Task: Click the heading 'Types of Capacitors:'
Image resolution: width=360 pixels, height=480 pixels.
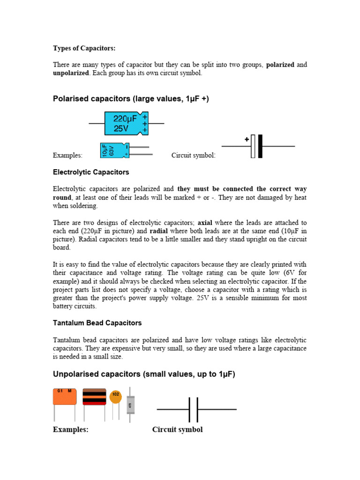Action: [x=84, y=48]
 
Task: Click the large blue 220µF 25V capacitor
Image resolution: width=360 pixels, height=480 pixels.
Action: [x=127, y=123]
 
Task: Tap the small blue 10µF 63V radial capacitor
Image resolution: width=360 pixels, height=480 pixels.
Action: [x=114, y=150]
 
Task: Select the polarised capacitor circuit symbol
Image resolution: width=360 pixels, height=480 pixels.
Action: [x=257, y=146]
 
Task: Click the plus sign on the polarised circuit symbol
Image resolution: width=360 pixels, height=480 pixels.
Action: [x=247, y=139]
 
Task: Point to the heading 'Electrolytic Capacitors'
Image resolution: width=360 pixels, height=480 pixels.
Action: [x=91, y=172]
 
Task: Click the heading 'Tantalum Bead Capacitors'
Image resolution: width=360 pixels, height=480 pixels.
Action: [x=97, y=323]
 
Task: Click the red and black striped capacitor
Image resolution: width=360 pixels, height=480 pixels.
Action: [x=94, y=397]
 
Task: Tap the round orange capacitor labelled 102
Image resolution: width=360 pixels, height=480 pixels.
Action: [x=115, y=397]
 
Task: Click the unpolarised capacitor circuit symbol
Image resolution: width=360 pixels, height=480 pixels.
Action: [x=196, y=409]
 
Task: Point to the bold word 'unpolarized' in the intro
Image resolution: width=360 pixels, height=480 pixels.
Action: [x=71, y=74]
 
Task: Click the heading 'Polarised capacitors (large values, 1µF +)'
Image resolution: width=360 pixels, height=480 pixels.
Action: [x=131, y=98]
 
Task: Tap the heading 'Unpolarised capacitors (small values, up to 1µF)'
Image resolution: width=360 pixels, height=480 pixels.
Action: [x=144, y=374]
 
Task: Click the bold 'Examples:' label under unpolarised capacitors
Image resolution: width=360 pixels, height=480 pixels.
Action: [x=71, y=429]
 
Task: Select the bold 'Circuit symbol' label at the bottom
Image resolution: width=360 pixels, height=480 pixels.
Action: [x=177, y=429]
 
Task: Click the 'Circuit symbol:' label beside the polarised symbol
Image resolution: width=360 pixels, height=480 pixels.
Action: [x=193, y=156]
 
